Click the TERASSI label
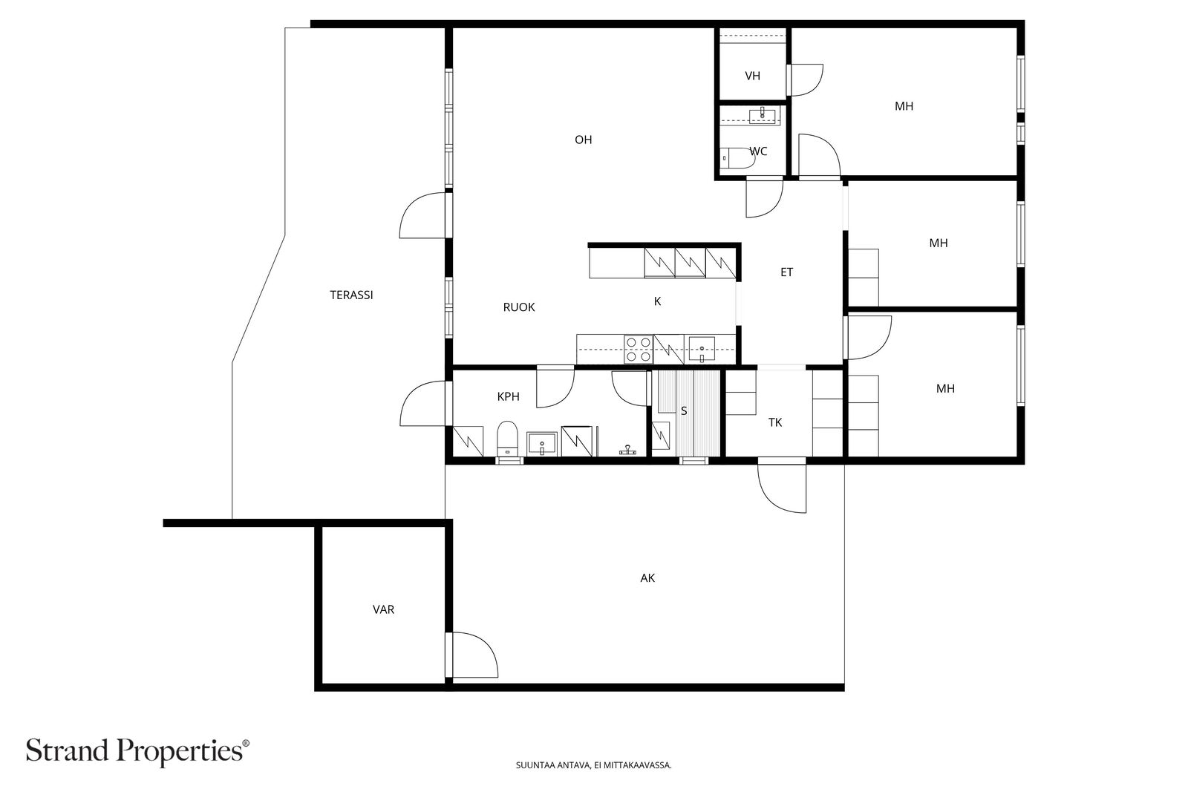pyautogui.click(x=351, y=295)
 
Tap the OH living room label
pyautogui.click(x=583, y=140)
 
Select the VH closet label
pyautogui.click(x=752, y=76)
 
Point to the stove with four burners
pyautogui.click(x=638, y=350)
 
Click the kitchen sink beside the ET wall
pyautogui.click(x=701, y=347)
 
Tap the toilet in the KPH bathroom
pyautogui.click(x=507, y=438)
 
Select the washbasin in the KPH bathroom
pyautogui.click(x=542, y=444)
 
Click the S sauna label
pyautogui.click(x=684, y=410)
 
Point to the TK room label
pyautogui.click(x=774, y=422)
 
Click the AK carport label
pyautogui.click(x=647, y=577)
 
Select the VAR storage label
pyautogui.click(x=383, y=609)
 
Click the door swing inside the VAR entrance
pyautogui.click(x=473, y=655)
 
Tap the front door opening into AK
pyautogui.click(x=781, y=486)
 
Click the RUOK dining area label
pyautogui.click(x=518, y=307)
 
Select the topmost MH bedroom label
pyautogui.click(x=904, y=106)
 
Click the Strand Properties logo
pyautogui.click(x=138, y=750)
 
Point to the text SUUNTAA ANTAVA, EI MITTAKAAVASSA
pyautogui.click(x=593, y=765)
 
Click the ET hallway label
pyautogui.click(x=786, y=272)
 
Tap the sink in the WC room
pyautogui.click(x=762, y=114)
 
